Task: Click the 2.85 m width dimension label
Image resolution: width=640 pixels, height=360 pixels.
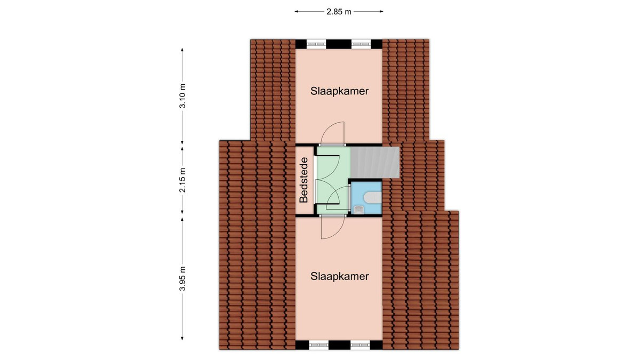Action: coord(339,12)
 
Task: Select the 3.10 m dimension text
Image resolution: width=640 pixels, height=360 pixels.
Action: coord(182,96)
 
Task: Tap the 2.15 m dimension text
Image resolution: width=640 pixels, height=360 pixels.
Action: coord(182,180)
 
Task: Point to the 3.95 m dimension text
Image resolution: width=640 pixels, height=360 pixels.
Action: coord(182,278)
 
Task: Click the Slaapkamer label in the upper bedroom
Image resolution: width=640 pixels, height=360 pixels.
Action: coord(339,91)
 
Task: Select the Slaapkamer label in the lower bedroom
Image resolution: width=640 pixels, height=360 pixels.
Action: coord(339,276)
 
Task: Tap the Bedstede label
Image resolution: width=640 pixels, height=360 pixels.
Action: coord(303,180)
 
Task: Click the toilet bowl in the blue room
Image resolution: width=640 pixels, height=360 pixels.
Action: coord(373,197)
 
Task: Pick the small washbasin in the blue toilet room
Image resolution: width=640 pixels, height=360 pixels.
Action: coord(359,210)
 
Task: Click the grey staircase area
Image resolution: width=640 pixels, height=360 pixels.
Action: coord(375,162)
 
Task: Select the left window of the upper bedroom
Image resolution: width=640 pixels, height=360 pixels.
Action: coord(316,44)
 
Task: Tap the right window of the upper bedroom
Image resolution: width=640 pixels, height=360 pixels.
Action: coord(361,44)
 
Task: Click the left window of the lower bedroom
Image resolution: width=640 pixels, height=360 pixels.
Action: coord(319,345)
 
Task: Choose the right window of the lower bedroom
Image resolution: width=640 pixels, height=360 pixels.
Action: coord(361,345)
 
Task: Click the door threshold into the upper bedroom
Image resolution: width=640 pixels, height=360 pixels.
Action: coord(332,145)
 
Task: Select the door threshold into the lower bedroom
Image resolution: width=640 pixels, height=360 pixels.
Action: coord(333,215)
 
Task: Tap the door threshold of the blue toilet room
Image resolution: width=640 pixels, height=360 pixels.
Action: coord(349,198)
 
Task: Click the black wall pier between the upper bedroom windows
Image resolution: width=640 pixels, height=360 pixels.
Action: coord(339,44)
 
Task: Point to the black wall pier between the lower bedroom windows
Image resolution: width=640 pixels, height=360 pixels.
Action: coord(339,345)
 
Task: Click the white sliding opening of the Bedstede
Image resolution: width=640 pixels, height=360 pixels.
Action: coord(315,180)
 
